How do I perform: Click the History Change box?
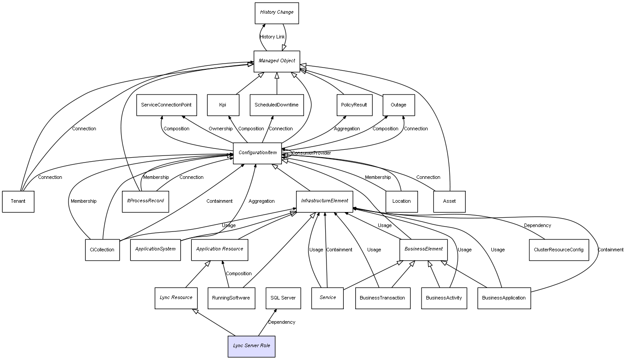(277, 13)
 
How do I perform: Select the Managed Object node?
(277, 61)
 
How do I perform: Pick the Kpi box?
(223, 105)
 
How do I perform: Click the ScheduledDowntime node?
(277, 105)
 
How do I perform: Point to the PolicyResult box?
(354, 105)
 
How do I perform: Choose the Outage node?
(398, 105)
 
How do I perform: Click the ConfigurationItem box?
(257, 153)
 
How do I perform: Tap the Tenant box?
(18, 201)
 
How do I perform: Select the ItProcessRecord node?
(145, 201)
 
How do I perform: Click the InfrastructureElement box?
(324, 201)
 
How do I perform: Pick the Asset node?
(449, 201)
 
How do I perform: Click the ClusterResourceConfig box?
(559, 250)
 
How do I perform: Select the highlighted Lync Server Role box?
(251, 346)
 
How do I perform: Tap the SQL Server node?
(283, 298)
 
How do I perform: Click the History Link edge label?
(272, 37)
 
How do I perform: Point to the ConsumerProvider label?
(311, 153)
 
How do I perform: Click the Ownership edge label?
(220, 129)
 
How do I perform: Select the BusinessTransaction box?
(382, 298)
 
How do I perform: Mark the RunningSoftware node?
(231, 298)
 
